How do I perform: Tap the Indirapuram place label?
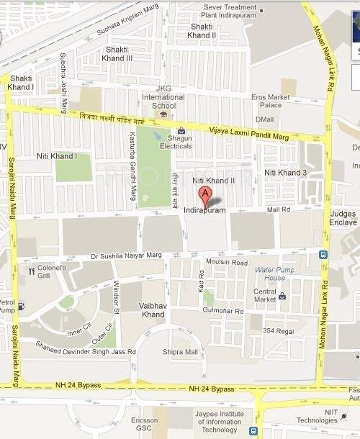205,210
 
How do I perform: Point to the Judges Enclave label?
343,218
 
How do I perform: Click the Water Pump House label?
270,273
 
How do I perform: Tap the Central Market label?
266,296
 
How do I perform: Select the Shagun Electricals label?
171,142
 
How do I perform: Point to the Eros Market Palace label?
271,101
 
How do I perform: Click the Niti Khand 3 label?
285,173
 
